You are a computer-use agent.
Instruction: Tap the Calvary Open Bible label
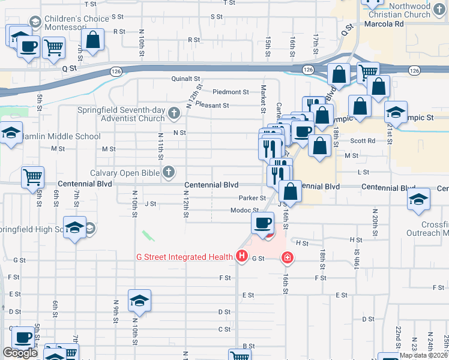[124, 172]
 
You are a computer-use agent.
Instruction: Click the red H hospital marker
[242, 257]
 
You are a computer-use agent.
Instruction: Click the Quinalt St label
[185, 79]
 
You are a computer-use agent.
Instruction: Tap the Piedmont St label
[231, 92]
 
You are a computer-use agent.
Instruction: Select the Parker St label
[252, 198]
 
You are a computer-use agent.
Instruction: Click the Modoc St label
[244, 211]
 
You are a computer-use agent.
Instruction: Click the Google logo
[20, 353]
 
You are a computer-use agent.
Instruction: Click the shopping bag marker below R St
[93, 40]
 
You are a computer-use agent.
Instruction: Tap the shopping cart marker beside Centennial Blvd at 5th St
[32, 178]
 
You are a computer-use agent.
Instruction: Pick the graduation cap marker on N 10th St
[139, 300]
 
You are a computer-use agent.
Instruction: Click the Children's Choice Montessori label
[76, 23]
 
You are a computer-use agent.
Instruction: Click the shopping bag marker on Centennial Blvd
[291, 192]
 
